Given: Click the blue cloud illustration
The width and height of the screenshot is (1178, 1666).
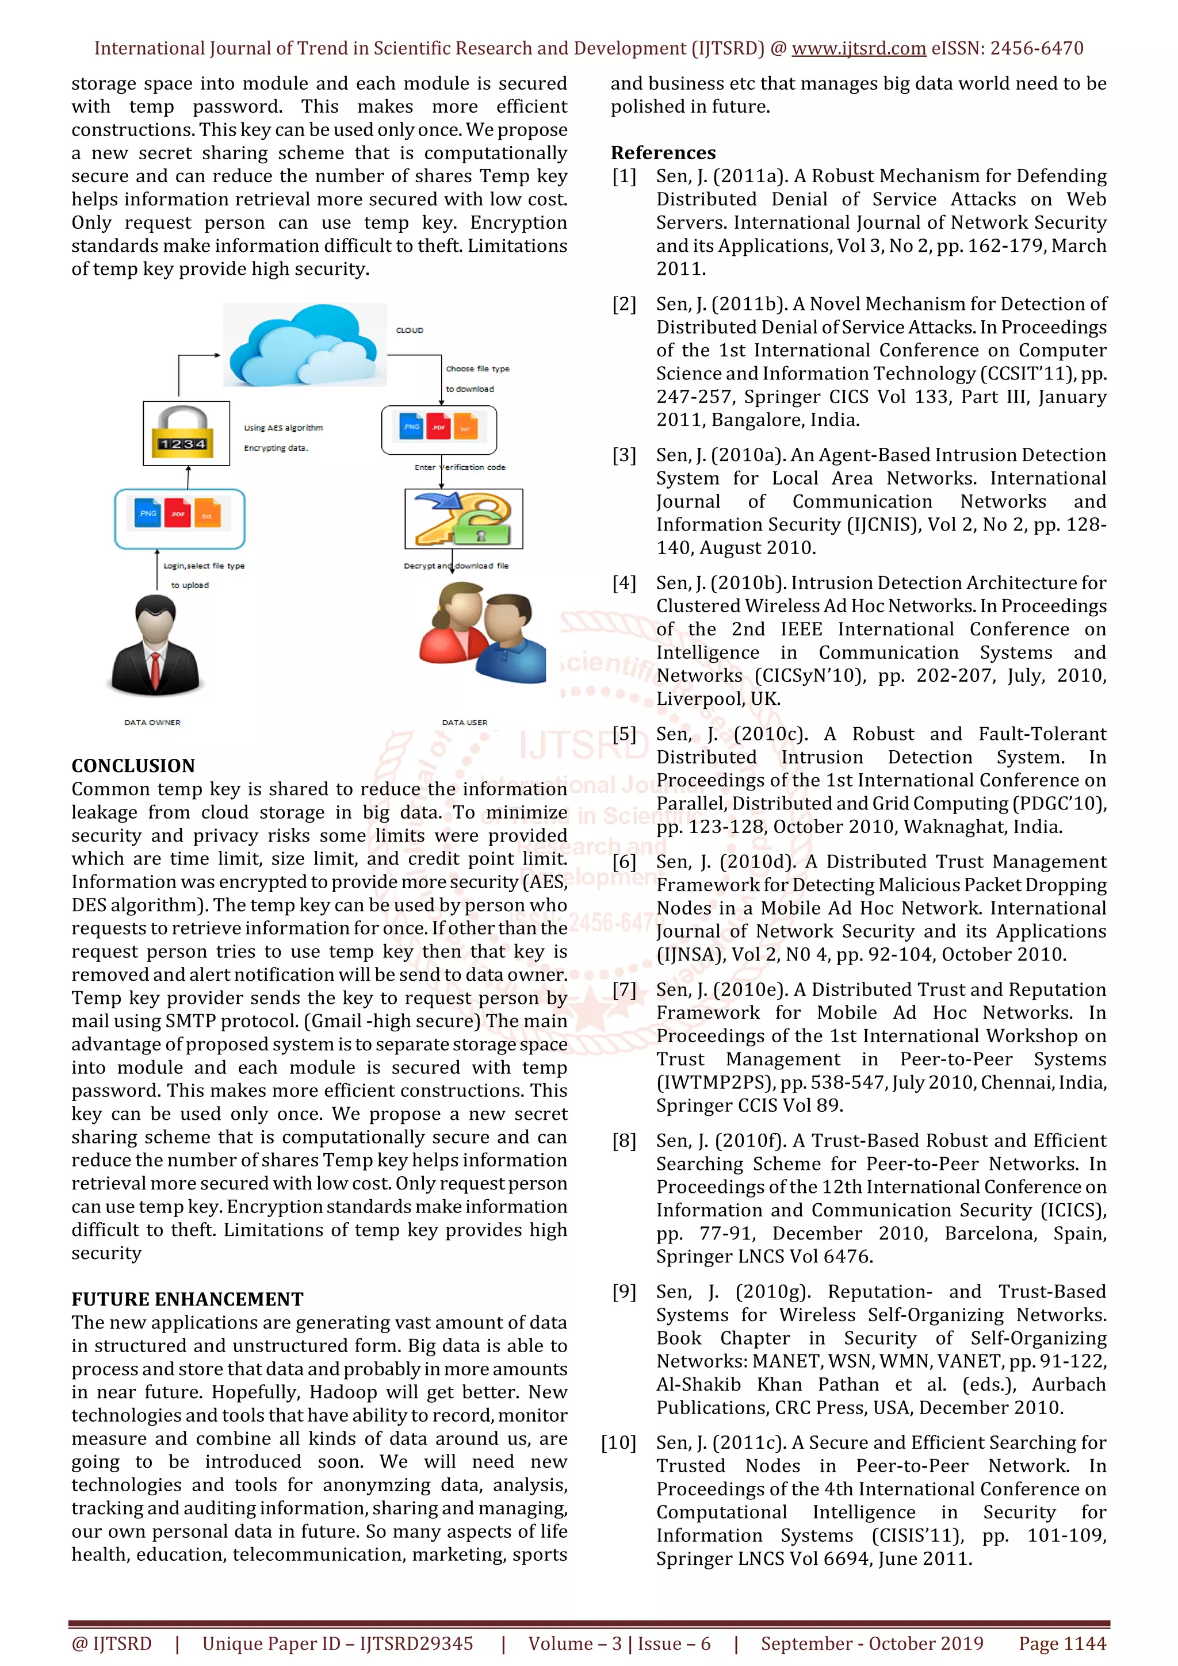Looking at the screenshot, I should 305,346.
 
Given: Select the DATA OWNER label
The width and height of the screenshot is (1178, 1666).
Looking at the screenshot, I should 152,722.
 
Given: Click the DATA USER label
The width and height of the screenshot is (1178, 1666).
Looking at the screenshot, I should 465,722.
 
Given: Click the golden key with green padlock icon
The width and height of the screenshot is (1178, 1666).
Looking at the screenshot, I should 463,518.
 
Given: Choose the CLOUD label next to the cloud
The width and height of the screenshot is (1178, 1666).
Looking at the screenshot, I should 410,330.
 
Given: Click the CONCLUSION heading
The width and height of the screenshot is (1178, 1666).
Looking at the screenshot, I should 133,766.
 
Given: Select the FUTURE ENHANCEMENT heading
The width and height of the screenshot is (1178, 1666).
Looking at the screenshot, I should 188,1299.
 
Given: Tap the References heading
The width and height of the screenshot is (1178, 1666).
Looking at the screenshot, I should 663,152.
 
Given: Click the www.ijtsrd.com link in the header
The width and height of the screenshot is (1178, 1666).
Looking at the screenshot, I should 858,49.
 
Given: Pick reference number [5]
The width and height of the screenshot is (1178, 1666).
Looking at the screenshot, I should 624,734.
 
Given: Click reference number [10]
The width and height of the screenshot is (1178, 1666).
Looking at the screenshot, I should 618,1442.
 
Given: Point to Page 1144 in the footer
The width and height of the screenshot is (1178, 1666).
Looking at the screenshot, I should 1062,1643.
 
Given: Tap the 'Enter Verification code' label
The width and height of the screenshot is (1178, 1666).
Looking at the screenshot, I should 460,467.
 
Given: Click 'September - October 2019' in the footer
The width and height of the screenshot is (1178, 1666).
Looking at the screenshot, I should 871,1643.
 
